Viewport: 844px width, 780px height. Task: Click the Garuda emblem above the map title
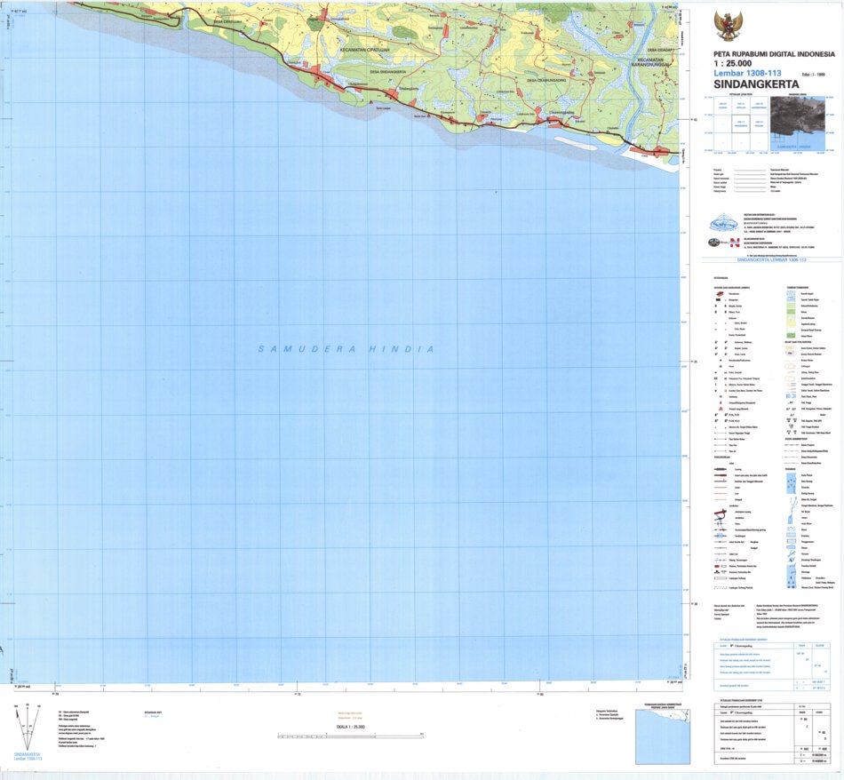click(728, 25)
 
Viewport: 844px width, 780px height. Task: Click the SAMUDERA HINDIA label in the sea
click(346, 349)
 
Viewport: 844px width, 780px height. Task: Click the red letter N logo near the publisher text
click(734, 243)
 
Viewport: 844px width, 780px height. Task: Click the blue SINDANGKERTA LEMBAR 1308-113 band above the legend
click(771, 259)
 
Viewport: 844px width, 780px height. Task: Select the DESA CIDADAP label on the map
click(658, 51)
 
